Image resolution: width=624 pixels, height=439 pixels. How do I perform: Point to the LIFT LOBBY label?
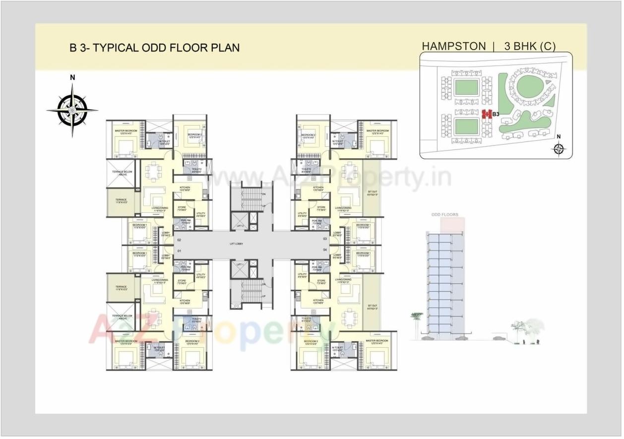click(x=236, y=245)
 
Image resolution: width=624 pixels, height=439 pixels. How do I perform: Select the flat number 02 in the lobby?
click(x=179, y=240)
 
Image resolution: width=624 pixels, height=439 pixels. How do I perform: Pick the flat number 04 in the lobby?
click(x=325, y=250)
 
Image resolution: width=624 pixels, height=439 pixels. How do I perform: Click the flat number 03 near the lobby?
click(x=325, y=239)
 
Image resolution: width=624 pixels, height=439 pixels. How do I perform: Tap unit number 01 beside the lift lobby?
click(x=179, y=251)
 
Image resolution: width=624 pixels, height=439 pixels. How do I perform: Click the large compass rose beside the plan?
click(x=72, y=110)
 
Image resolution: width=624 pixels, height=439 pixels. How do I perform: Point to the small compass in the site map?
click(x=559, y=148)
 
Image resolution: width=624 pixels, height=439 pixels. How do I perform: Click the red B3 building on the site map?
click(x=487, y=114)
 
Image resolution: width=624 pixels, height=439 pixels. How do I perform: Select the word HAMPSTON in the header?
click(x=453, y=46)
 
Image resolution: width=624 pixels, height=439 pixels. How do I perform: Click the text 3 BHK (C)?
click(x=529, y=46)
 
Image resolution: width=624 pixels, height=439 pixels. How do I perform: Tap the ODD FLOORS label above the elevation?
click(x=444, y=215)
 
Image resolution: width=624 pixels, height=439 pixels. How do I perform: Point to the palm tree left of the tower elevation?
click(x=417, y=322)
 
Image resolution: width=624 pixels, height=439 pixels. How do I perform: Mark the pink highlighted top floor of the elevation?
click(x=452, y=224)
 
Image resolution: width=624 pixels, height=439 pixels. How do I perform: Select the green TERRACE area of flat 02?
click(x=121, y=202)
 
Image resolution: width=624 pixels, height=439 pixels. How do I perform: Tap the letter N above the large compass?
click(x=72, y=77)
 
